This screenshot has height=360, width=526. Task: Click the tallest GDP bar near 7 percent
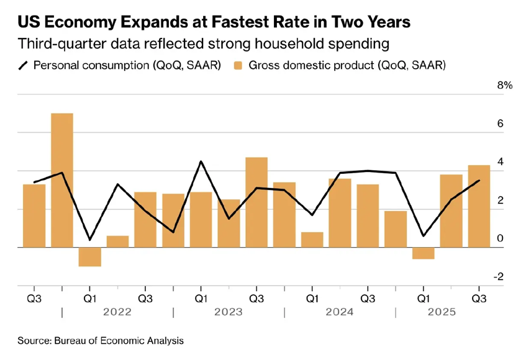[x=61, y=180]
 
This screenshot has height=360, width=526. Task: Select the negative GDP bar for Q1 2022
[x=89, y=257]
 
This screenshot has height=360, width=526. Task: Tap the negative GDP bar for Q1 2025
[x=423, y=253]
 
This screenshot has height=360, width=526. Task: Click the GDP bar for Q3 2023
[x=256, y=202]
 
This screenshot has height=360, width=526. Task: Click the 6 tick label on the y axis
[x=500, y=124]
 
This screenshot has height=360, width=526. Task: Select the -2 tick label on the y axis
[x=498, y=277]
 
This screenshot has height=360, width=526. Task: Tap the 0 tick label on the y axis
[x=500, y=239]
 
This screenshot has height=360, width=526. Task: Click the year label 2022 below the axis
[x=117, y=312]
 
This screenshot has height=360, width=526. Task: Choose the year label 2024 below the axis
[x=339, y=312]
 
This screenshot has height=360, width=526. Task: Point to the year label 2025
[x=442, y=312]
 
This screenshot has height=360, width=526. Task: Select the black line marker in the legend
[x=23, y=65]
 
